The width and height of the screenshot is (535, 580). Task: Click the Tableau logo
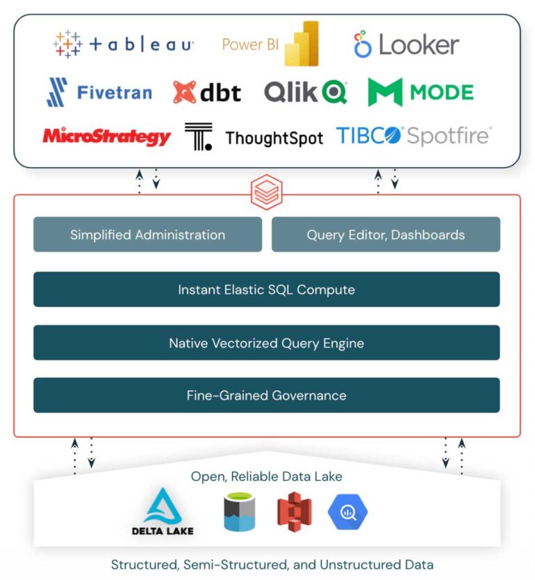[123, 45]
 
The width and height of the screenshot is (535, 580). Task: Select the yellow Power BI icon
[305, 43]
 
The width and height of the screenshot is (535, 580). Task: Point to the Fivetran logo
[99, 93]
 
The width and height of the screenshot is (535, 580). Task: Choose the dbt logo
[207, 93]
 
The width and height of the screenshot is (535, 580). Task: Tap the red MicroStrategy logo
[107, 136]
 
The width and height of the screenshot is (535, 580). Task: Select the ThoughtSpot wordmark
[274, 138]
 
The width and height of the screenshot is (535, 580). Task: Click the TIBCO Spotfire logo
[414, 136]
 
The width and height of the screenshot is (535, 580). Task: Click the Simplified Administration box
[148, 235]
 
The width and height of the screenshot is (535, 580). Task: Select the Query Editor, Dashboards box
[385, 235]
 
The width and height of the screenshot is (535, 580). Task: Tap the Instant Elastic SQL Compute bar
[266, 289]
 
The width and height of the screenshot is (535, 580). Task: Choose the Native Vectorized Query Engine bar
[266, 343]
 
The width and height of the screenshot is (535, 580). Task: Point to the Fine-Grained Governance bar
[266, 395]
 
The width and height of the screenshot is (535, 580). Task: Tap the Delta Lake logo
[162, 512]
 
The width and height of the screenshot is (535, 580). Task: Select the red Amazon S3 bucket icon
[294, 512]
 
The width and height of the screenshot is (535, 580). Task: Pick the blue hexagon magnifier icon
[348, 512]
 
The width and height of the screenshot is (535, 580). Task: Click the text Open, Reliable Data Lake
[267, 477]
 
